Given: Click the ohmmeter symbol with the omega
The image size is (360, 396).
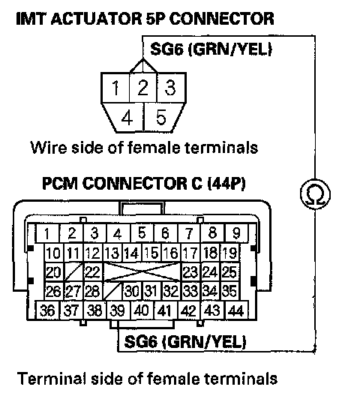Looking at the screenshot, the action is tap(315, 194).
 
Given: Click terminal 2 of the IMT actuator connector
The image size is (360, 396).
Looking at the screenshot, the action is tap(143, 88).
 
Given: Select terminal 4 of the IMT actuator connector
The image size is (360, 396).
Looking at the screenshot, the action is tap(126, 117).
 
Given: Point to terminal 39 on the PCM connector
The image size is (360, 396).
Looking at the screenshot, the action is tap(118, 310).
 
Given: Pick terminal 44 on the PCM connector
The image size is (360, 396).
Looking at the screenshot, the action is tap(236, 310).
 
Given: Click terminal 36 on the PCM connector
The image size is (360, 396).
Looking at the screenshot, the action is tap(47, 310).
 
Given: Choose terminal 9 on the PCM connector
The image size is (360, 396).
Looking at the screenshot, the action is tap(236, 232).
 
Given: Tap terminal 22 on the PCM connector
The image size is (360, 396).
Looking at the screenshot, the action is tap(93, 272).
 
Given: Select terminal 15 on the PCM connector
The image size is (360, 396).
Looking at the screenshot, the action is tap(151, 253).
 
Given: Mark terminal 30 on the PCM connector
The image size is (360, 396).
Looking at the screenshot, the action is tap(132, 291).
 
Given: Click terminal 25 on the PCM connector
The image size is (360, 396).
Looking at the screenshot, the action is tap(230, 272).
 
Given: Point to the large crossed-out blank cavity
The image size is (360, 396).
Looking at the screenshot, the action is tap(142, 272).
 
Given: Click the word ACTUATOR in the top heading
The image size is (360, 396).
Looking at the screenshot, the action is tap(96, 19).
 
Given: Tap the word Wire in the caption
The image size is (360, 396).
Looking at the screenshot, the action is tap(49, 147).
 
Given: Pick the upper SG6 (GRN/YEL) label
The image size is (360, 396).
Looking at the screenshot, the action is tap(211, 49).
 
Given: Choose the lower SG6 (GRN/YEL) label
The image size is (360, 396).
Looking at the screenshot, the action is tap(185, 341).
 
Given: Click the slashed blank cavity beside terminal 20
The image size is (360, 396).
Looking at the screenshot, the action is tap(73, 272).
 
